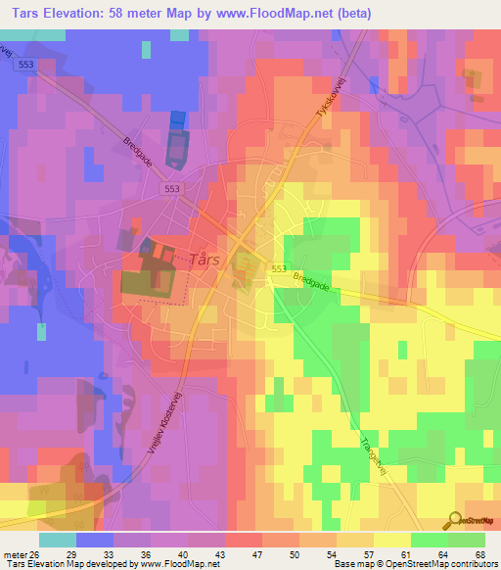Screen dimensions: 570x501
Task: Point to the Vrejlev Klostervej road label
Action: pos(175,421)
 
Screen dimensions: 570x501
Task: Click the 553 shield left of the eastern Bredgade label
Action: pos(279,268)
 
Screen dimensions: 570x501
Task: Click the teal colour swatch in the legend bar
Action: pos(57,539)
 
